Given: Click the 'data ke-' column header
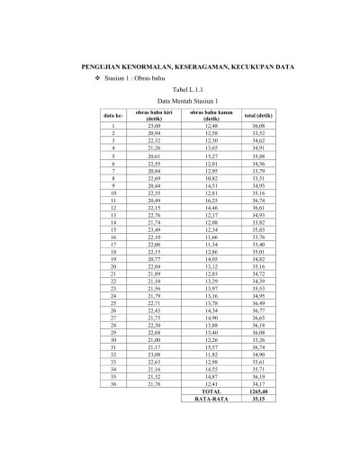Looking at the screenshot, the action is (114, 116).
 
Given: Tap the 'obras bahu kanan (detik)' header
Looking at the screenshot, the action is (211, 116).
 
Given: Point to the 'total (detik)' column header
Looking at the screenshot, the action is (259, 116).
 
